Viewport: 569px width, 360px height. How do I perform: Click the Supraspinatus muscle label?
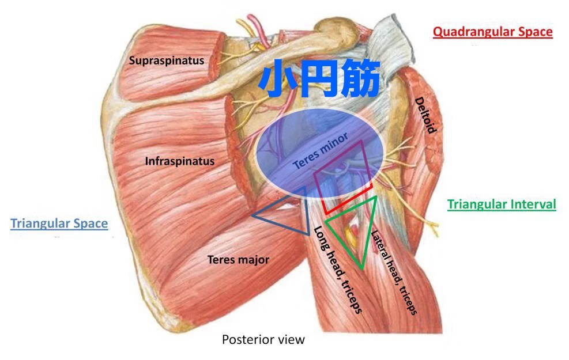pos(167,60)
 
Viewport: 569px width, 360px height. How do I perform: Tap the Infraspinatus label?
pos(179,161)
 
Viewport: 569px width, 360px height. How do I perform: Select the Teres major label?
pos(238,260)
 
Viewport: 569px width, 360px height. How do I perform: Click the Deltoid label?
pos(425,115)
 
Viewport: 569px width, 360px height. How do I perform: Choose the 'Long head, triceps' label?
pos(338,270)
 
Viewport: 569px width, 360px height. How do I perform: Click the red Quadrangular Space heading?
pos(492,32)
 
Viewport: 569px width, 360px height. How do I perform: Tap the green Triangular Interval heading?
pos(502,204)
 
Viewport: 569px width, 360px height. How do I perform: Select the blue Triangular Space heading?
pos(59,224)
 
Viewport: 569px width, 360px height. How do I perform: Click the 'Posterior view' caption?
pos(263,340)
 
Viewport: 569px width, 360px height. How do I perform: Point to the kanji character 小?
pos(278,79)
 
